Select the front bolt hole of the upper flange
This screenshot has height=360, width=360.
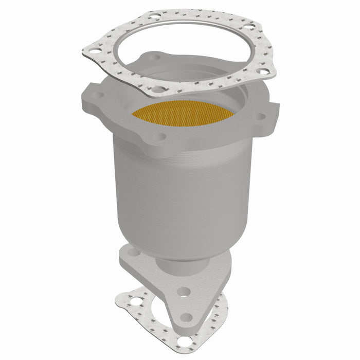tap(161, 137)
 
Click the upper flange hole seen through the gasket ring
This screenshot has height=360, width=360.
tap(153, 59)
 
